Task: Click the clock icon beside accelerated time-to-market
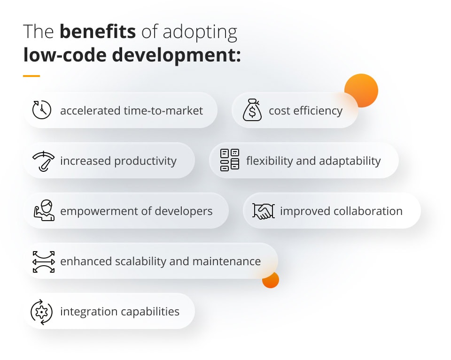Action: coord(42,110)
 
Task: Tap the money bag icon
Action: coord(252,110)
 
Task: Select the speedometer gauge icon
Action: coord(43,161)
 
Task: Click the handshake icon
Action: coord(263,211)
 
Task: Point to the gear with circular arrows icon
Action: coord(42,312)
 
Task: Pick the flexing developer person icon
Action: coord(43,211)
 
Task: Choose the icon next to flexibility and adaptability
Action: coord(230,161)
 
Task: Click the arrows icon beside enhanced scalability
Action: coord(43,261)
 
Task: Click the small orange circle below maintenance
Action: coord(271,280)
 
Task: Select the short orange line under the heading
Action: coord(31,76)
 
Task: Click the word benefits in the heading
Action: coord(98,32)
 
